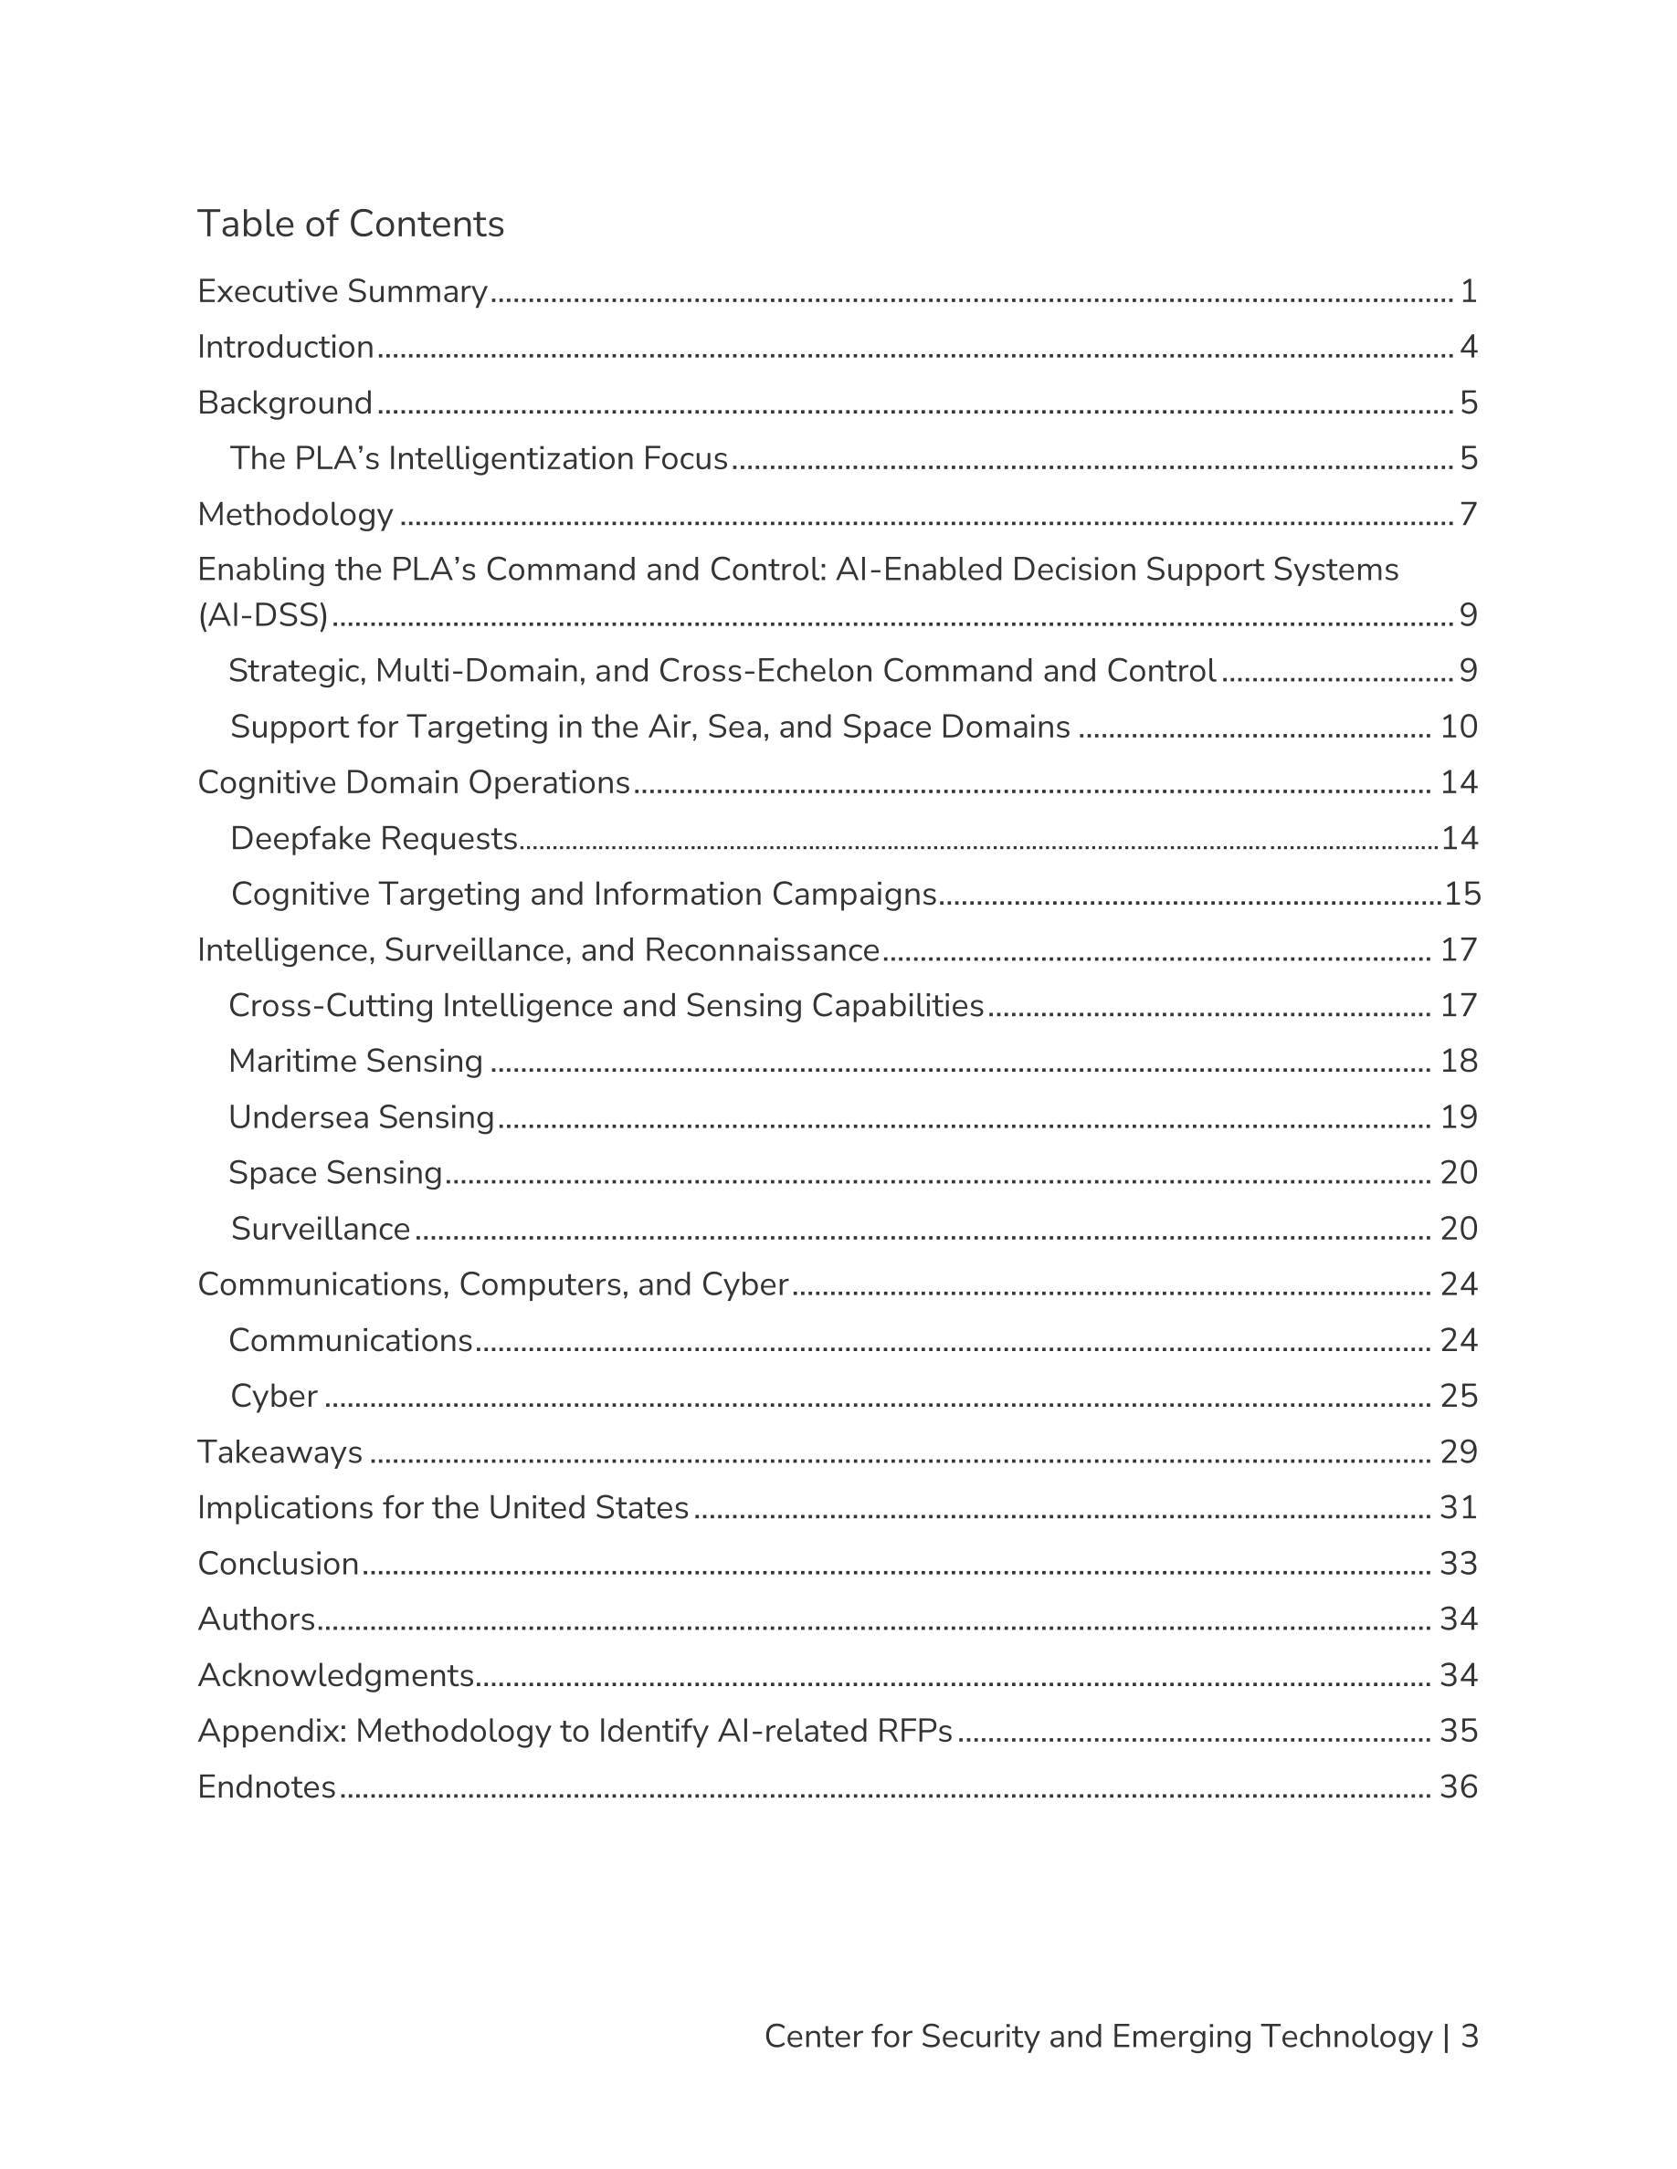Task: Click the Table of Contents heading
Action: pos(351,225)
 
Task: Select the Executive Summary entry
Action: pos(343,292)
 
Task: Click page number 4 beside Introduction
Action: pos(1469,348)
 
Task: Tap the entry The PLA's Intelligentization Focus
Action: pos(479,459)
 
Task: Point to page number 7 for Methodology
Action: pos(1469,515)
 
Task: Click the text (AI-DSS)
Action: pos(263,616)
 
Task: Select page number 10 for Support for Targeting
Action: pos(1459,727)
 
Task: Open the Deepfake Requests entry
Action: pos(374,839)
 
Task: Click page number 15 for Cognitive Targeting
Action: pos(1462,895)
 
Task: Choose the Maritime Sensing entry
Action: pos(355,1062)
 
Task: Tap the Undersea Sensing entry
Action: pos(362,1117)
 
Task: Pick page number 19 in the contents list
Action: pos(1459,1117)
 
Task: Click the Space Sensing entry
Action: pos(336,1173)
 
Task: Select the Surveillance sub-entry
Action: pos(321,1230)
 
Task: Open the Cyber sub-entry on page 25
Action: pos(274,1397)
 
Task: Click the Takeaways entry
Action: pos(280,1452)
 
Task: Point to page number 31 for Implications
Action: pos(1459,1507)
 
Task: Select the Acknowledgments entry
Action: pos(336,1675)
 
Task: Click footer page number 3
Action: pos(1470,2036)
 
